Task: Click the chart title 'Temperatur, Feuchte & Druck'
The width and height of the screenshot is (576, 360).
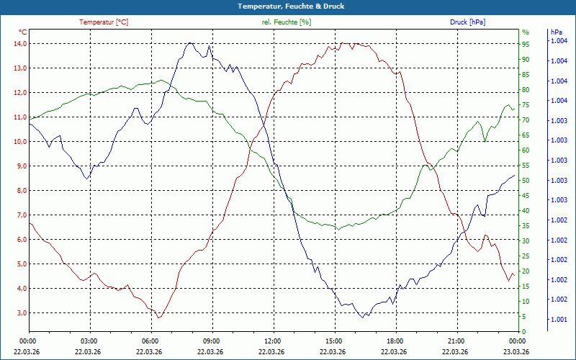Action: point(287,6)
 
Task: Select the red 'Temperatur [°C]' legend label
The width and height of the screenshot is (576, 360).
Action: point(104,22)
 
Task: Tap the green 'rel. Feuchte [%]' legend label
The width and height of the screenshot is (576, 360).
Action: point(287,22)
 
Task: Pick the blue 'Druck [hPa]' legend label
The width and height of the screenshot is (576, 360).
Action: point(467,22)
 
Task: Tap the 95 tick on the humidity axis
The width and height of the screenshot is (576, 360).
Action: point(526,44)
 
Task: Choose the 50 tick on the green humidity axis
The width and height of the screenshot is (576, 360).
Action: point(526,181)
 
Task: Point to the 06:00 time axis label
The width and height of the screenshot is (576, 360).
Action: point(150,341)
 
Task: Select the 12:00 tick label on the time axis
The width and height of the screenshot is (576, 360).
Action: point(272,341)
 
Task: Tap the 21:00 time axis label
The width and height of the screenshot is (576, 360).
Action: point(456,341)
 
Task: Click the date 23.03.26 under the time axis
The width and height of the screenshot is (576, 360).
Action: point(516,352)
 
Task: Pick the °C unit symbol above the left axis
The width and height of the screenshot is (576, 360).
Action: point(23,32)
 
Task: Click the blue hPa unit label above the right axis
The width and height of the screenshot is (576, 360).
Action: point(556,32)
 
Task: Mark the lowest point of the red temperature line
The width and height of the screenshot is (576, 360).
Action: point(159,318)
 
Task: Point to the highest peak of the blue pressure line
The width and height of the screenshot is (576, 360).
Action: point(190,42)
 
